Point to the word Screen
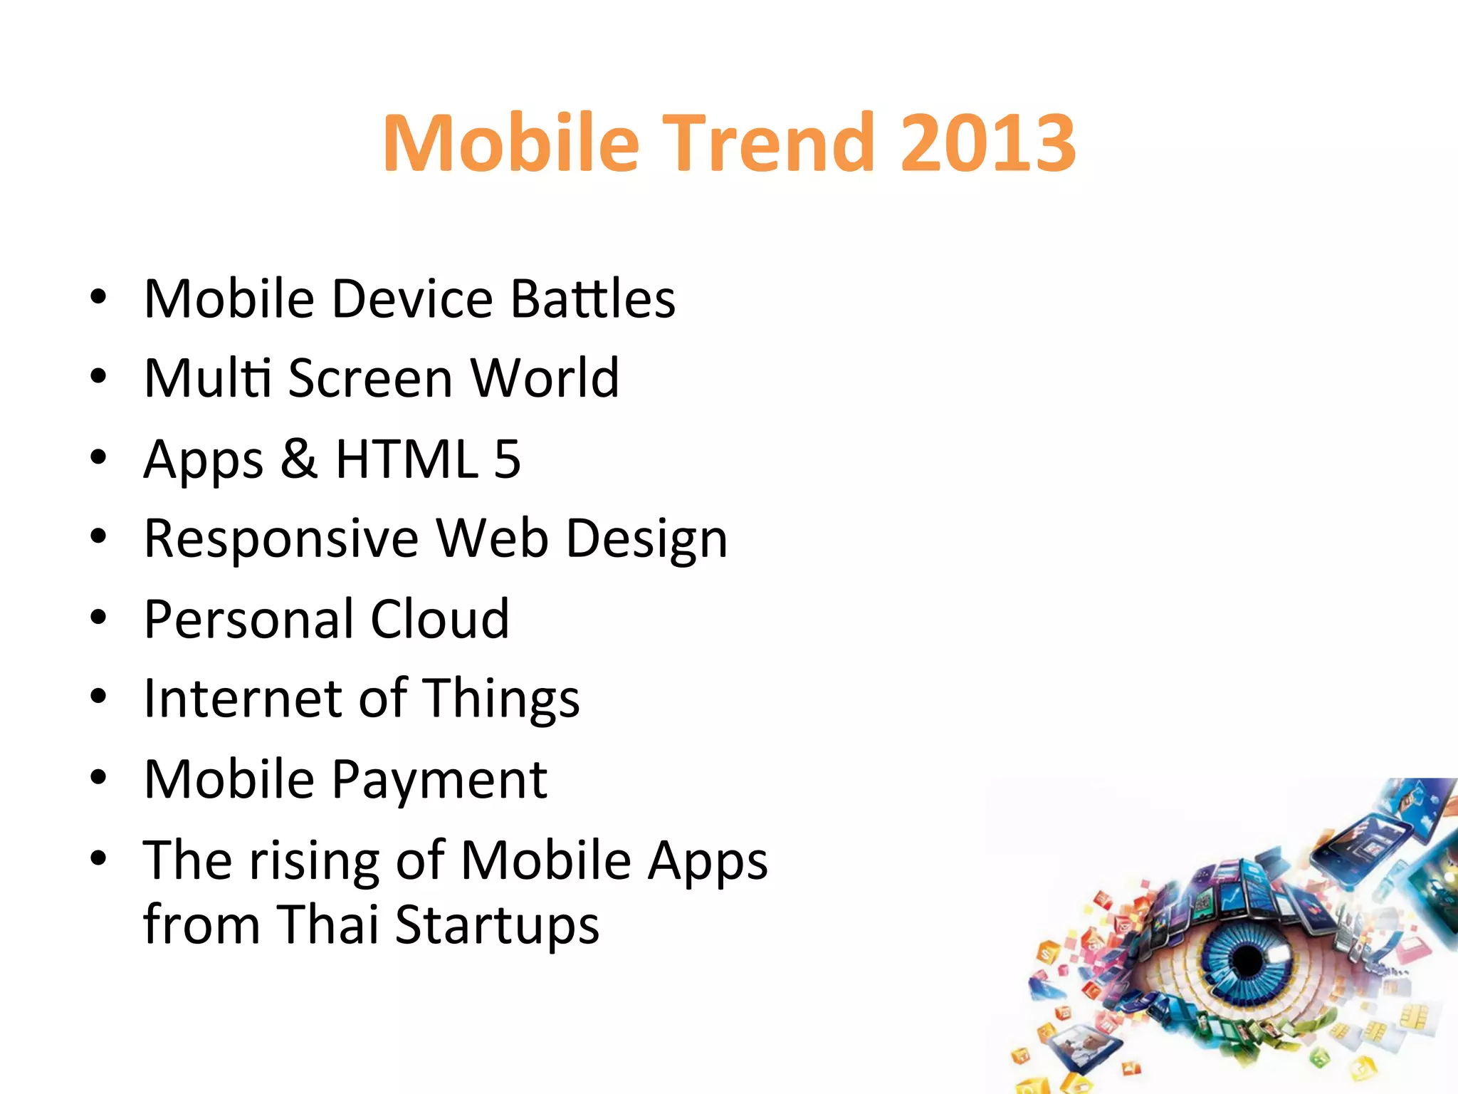pyautogui.click(x=370, y=378)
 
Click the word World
pyautogui.click(x=545, y=378)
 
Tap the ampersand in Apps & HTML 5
pyautogui.click(x=298, y=459)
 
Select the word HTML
pyautogui.click(x=407, y=459)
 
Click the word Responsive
pyautogui.click(x=281, y=538)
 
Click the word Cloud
pyautogui.click(x=439, y=619)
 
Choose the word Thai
pyautogui.click(x=327, y=924)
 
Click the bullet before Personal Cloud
pyautogui.click(x=98, y=618)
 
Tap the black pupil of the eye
pyautogui.click(x=1247, y=960)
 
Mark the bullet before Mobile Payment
pyautogui.click(x=98, y=778)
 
